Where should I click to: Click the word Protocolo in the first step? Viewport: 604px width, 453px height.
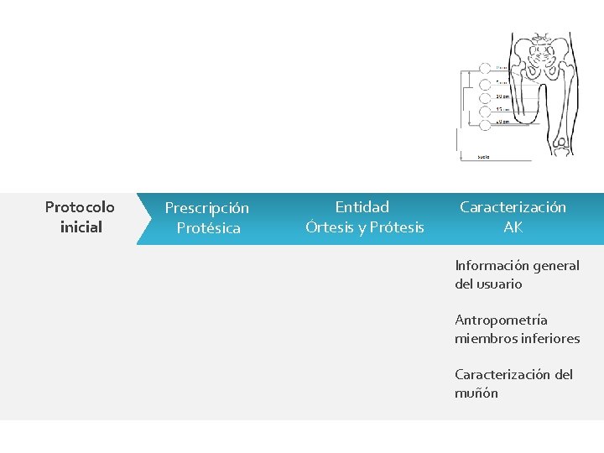coord(80,206)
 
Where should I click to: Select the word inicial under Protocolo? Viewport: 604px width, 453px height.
coord(81,227)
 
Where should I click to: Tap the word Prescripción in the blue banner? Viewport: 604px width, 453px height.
coord(206,207)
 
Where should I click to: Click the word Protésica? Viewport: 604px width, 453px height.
coord(208,228)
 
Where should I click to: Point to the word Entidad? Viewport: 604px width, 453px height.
coord(362,206)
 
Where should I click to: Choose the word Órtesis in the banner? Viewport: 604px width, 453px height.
coord(331,227)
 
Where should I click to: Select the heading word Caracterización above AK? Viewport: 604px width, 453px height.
coord(513,207)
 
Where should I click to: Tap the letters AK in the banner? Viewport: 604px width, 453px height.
coord(513,227)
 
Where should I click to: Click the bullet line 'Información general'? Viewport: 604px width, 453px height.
coord(517,266)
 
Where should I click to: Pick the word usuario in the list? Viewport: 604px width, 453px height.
coord(499,284)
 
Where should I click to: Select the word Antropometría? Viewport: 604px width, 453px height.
coord(501,320)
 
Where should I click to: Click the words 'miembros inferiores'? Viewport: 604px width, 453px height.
coord(517,339)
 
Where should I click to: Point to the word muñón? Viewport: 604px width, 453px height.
coord(476,393)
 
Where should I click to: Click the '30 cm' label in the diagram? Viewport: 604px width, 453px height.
coord(501,96)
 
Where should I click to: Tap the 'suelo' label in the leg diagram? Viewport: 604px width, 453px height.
coord(483,156)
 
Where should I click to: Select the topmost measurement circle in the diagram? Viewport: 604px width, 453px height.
coord(485,68)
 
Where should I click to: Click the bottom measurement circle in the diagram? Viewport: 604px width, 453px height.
coord(485,123)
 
